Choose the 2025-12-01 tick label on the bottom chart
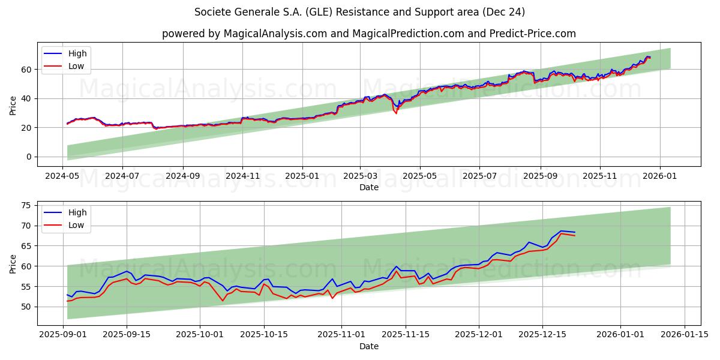[479, 334]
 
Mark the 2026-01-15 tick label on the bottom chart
[685, 334]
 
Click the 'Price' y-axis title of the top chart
[13, 106]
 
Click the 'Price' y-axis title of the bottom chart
[13, 264]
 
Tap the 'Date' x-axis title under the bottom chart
[368, 346]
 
